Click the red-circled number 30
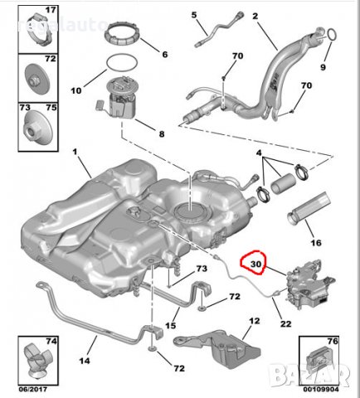255,265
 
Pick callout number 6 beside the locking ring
163,54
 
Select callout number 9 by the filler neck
324,66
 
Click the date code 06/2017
33,387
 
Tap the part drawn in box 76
314,359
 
